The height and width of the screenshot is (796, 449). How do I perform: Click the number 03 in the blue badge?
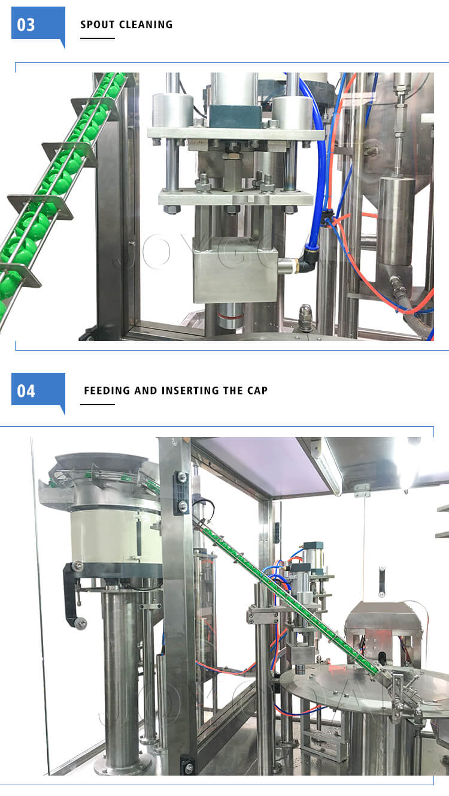click(26, 25)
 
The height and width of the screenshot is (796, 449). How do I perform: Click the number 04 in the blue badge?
click(26, 391)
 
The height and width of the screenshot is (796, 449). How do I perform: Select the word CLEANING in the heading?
click(146, 25)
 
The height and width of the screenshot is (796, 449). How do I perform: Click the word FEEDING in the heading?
click(107, 391)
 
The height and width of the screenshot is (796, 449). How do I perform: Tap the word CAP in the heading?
click(257, 391)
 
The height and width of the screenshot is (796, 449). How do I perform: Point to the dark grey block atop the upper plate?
click(235, 116)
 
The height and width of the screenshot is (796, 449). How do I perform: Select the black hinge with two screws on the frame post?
click(181, 493)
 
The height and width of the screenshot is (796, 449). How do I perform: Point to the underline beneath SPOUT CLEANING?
click(97, 38)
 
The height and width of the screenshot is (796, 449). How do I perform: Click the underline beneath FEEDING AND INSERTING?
click(97, 404)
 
